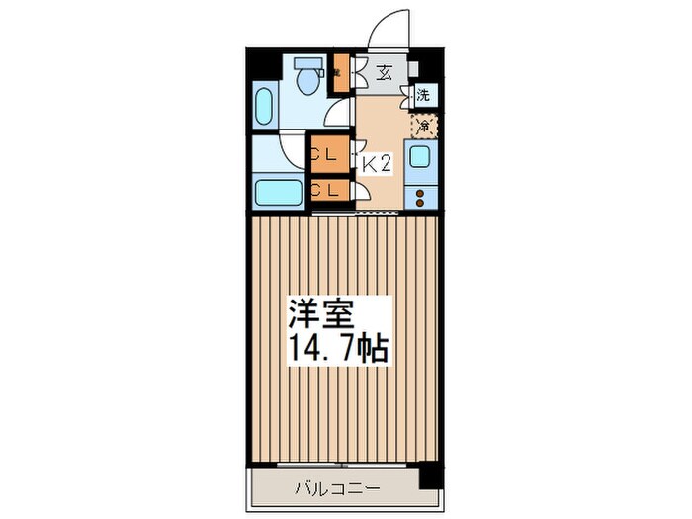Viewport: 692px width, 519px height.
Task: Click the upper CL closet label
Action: click(325, 154)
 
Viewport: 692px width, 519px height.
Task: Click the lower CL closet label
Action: click(325, 189)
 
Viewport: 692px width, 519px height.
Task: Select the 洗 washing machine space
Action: click(422, 97)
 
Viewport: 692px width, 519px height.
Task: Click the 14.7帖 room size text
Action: click(337, 349)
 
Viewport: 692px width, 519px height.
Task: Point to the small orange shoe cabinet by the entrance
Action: click(338, 72)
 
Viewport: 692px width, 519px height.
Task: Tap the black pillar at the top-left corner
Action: click(259, 63)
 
